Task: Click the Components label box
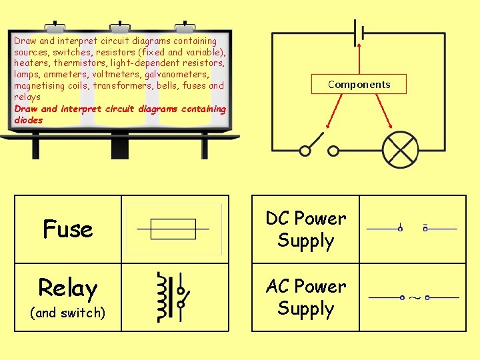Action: [x=359, y=84]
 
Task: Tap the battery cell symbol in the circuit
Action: [x=360, y=32]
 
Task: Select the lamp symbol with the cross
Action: [x=399, y=149]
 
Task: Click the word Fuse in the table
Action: [x=67, y=229]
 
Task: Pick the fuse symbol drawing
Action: [x=173, y=229]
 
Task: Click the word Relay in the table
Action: [x=67, y=288]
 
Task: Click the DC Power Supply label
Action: [x=305, y=229]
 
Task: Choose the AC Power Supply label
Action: [x=305, y=297]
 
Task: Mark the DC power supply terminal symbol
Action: [x=413, y=229]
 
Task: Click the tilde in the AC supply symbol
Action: [x=414, y=297]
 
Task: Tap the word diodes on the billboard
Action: [x=28, y=120]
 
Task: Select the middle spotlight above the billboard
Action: [x=120, y=27]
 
